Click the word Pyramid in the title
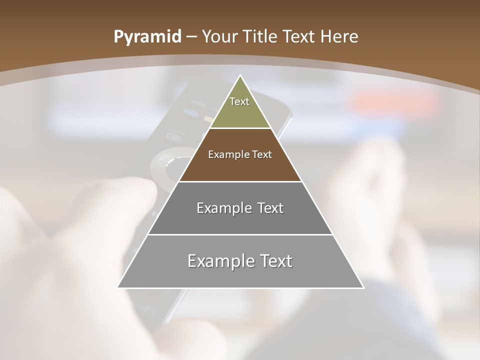pos(147,37)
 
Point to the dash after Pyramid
pos(191,37)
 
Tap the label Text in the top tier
pos(239,101)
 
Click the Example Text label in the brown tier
pos(240,154)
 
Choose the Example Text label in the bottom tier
pos(240,261)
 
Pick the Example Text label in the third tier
pos(240,208)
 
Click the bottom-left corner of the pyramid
pos(118,287)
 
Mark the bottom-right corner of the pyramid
pos(363,287)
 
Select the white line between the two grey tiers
pos(240,234)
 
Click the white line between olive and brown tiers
pos(240,128)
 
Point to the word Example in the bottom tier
pos(218,261)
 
